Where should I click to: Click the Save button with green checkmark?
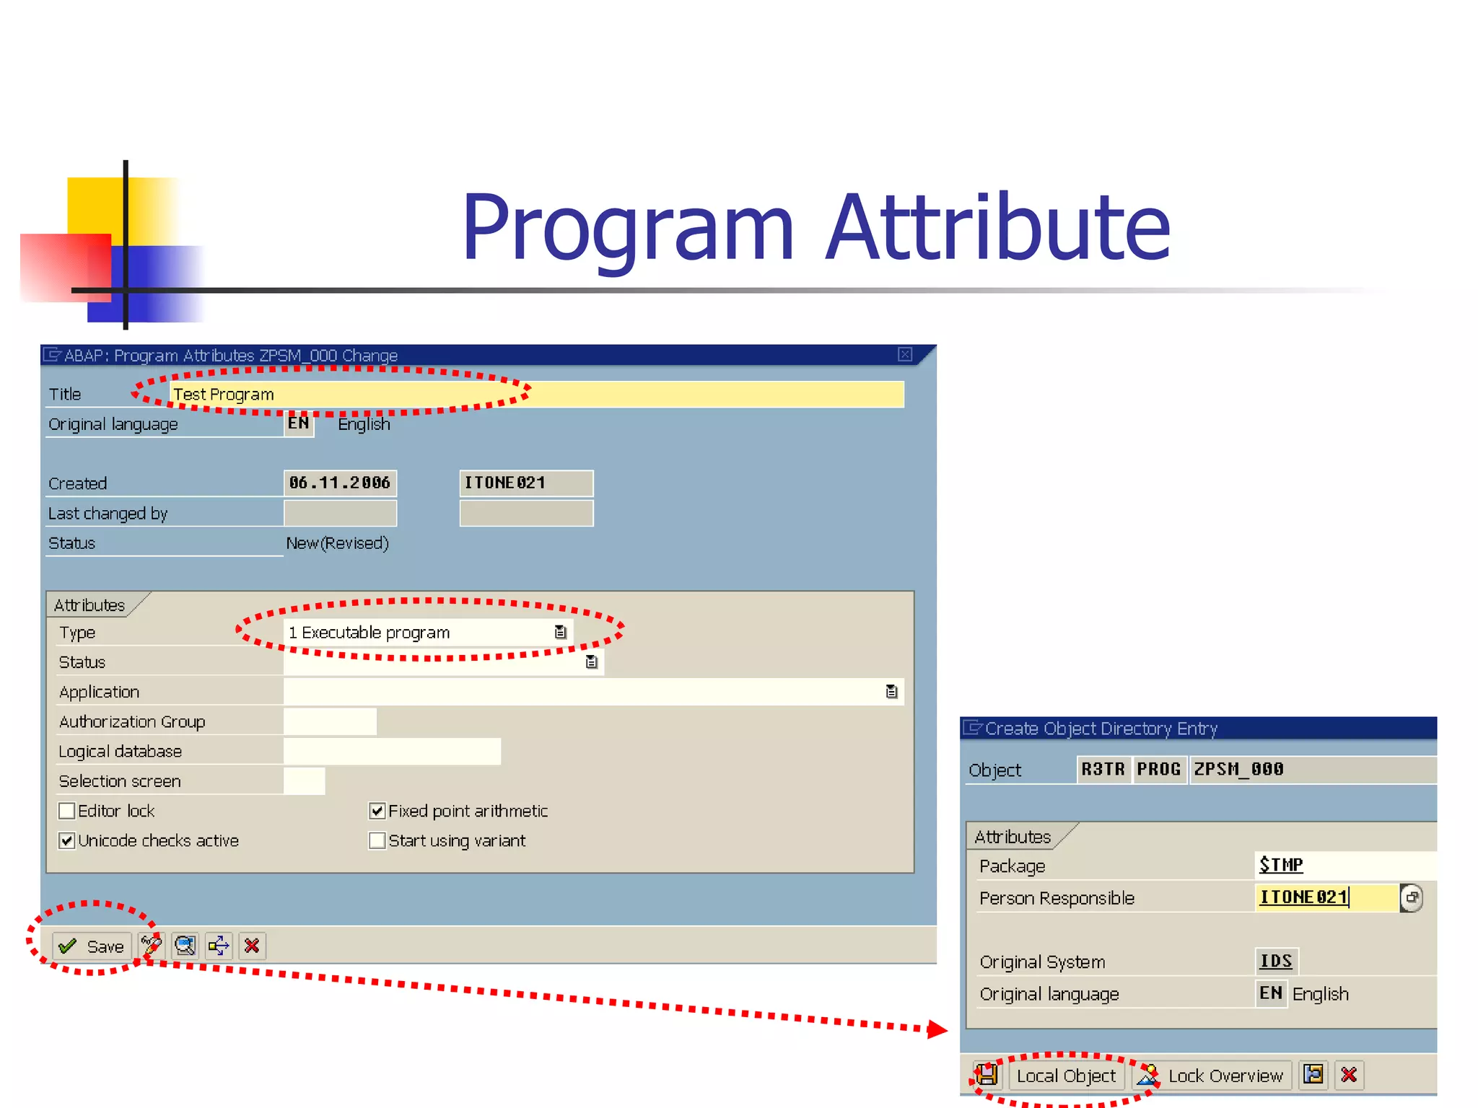click(92, 946)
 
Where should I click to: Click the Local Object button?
click(1065, 1076)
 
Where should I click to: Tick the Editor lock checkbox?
click(67, 811)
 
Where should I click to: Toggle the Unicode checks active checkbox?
click(67, 840)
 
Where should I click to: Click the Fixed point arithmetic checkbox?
click(377, 811)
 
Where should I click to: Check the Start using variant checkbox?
click(377, 840)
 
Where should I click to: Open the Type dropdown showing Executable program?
click(560, 633)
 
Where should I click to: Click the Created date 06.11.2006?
click(340, 483)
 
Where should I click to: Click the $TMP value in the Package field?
click(1281, 864)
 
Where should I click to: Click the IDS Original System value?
click(1276, 961)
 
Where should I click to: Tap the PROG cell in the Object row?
click(1158, 769)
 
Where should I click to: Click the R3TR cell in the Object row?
click(1103, 769)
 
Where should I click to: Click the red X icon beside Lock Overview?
click(1348, 1075)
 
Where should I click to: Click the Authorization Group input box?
click(330, 721)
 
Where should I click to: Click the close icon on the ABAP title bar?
click(905, 354)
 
